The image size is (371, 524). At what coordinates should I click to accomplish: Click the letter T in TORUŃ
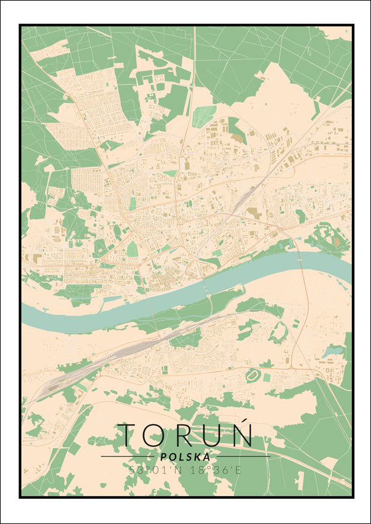point(131,435)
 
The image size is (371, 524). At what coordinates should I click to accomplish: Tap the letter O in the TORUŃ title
point(158,435)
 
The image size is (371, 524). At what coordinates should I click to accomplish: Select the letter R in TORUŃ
point(186,435)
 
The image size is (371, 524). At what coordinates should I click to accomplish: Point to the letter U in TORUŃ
point(213,435)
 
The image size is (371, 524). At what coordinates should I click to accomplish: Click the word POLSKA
point(184,457)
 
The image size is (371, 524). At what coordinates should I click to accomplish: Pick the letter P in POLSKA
point(162,457)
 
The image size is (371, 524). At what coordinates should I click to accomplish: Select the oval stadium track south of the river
point(252,374)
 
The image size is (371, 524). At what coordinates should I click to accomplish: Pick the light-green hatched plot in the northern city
point(204,115)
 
